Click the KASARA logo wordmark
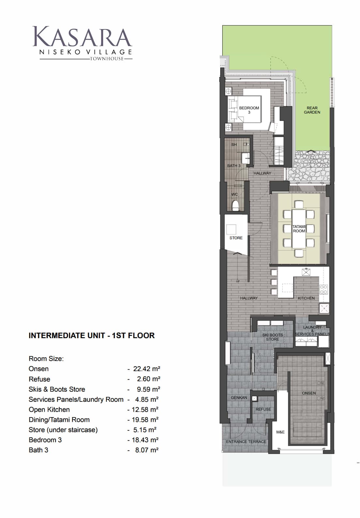[x=82, y=37]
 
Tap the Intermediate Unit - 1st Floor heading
[x=92, y=336]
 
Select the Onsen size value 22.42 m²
[x=147, y=369]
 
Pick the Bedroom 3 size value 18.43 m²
[x=145, y=440]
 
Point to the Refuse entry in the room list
[x=39, y=379]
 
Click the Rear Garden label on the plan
[x=312, y=110]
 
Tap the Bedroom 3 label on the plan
[x=249, y=110]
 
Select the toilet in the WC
[x=235, y=206]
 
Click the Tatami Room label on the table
[x=299, y=229]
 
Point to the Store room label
[x=236, y=238]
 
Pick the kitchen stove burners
[x=324, y=290]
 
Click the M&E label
[x=280, y=432]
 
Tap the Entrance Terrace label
[x=246, y=441]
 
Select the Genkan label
[x=239, y=398]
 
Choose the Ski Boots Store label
[x=273, y=337]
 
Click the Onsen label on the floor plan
[x=309, y=393]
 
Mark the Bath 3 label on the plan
[x=234, y=165]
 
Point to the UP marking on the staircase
[x=238, y=281]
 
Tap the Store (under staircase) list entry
[x=63, y=430]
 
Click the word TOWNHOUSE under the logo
[x=107, y=58]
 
